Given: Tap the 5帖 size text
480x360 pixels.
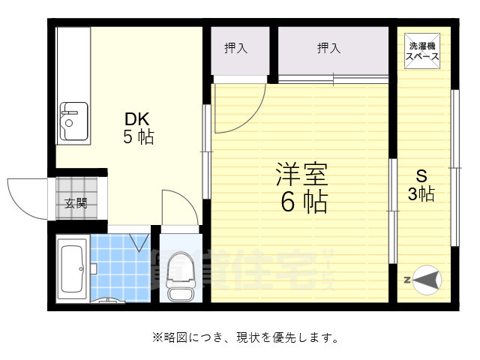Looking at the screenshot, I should pyautogui.click(x=139, y=137).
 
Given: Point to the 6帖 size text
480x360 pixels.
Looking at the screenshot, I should pyautogui.click(x=304, y=201).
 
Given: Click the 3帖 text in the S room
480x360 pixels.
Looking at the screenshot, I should pyautogui.click(x=421, y=194).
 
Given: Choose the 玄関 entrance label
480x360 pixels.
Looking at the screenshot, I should pyautogui.click(x=75, y=202).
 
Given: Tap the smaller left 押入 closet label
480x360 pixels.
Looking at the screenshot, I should pyautogui.click(x=236, y=49).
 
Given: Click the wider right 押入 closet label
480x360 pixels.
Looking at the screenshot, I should pyautogui.click(x=328, y=49).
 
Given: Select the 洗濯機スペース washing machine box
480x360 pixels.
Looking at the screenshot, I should pyautogui.click(x=422, y=51).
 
